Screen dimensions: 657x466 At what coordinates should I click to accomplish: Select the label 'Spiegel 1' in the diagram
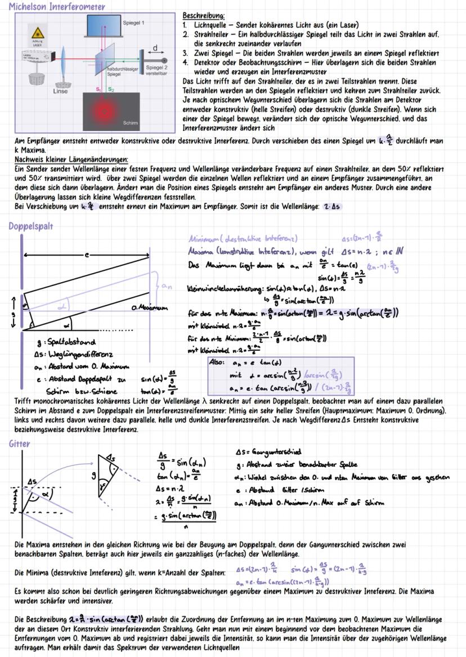[x=133, y=23]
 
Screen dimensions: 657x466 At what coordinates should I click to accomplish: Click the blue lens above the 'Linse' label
[x=64, y=62]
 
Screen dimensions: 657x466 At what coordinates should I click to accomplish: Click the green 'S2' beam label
[x=111, y=89]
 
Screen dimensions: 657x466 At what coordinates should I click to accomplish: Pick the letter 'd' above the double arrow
[x=155, y=47]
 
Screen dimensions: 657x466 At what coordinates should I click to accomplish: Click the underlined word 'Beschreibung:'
[x=204, y=16]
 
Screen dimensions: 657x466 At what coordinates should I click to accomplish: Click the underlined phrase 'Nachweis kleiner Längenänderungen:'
[x=71, y=160]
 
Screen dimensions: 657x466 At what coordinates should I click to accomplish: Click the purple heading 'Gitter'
[x=19, y=443]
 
